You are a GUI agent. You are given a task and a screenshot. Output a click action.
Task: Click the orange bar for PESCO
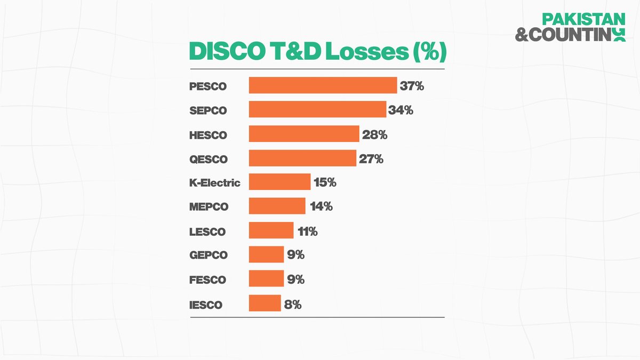(x=323, y=85)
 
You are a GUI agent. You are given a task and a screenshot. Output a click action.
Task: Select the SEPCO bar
(x=317, y=110)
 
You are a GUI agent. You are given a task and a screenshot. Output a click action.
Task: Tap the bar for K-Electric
(x=279, y=182)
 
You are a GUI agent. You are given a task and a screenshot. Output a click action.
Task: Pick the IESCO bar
(x=265, y=303)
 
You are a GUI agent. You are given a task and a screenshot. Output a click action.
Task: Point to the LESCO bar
(x=271, y=230)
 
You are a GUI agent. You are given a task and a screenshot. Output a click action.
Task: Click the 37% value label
(x=412, y=85)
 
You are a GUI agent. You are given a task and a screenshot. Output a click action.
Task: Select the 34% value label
(x=401, y=110)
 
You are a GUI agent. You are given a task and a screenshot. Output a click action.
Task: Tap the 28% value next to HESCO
(x=374, y=134)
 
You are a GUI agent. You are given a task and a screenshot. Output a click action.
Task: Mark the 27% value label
(x=371, y=158)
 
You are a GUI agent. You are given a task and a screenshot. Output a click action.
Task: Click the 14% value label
(x=321, y=206)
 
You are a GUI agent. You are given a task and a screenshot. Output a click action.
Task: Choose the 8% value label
(x=293, y=305)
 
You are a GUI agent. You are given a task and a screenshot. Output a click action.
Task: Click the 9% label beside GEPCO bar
(x=295, y=255)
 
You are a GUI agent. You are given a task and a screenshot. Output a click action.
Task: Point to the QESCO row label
(x=209, y=159)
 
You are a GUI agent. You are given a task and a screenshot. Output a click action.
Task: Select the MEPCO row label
(x=209, y=207)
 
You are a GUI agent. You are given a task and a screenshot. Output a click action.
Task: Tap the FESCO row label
(x=207, y=280)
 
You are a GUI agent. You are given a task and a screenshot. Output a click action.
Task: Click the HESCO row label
(x=208, y=135)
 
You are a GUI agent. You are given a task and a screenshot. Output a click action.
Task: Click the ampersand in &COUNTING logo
(x=521, y=35)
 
